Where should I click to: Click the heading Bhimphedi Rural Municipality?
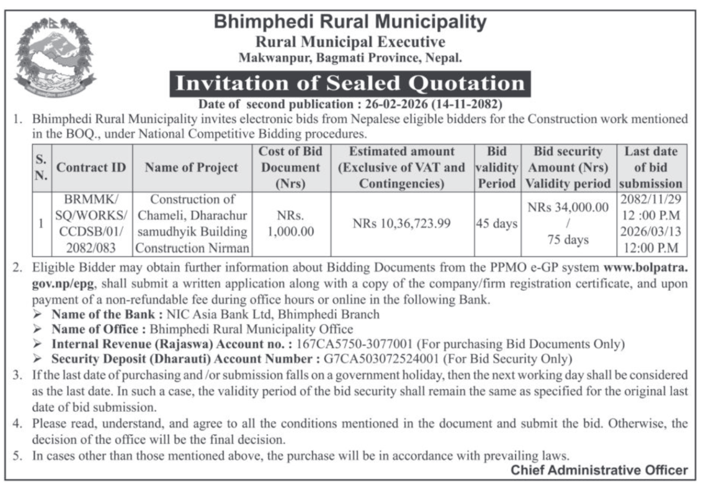coord(350,22)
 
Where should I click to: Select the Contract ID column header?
coord(91,167)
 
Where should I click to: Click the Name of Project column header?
coord(191,167)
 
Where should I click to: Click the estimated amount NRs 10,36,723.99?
coord(402,223)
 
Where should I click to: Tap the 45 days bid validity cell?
coord(496,223)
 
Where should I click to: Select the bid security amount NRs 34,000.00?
coord(568,207)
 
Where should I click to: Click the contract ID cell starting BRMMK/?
coord(91,223)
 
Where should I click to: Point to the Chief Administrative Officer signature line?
coord(599,470)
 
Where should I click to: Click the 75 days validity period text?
coord(568,240)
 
